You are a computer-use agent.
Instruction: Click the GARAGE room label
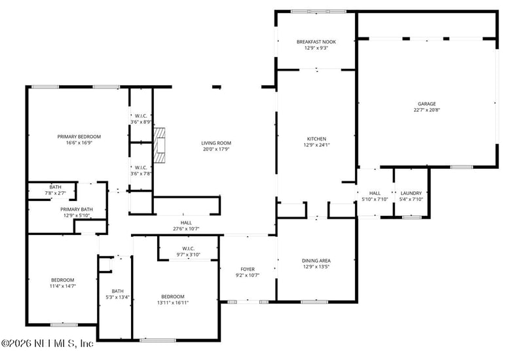(x=426, y=104)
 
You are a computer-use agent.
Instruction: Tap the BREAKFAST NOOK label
(x=316, y=42)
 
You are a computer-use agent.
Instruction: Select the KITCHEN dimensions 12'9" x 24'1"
(x=316, y=145)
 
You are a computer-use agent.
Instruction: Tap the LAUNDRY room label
(x=411, y=193)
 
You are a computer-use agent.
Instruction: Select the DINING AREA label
(x=316, y=261)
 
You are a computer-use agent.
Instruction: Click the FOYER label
(x=248, y=268)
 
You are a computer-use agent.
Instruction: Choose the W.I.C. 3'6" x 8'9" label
(x=141, y=115)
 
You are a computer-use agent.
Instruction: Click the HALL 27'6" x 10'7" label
(x=186, y=223)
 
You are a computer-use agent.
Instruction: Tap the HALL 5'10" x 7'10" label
(x=375, y=193)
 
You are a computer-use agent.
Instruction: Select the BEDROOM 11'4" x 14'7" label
(x=63, y=279)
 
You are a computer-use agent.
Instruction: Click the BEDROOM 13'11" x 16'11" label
(x=173, y=296)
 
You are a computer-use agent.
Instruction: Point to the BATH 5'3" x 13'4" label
(x=117, y=291)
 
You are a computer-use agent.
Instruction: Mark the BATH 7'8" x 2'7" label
(x=55, y=187)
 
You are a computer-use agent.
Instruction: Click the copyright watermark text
(x=47, y=343)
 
